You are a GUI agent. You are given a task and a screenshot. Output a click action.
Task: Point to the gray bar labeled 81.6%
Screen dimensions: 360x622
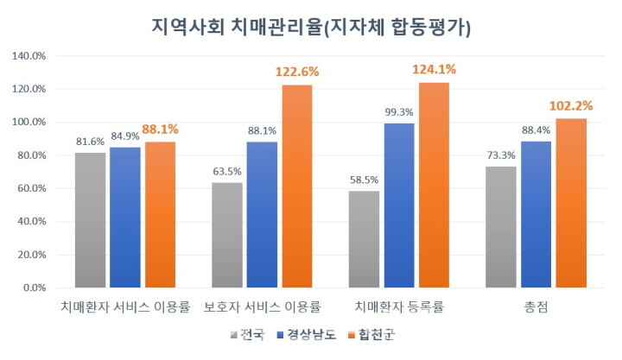[x=91, y=220]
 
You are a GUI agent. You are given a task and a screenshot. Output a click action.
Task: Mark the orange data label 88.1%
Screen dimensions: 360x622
[x=161, y=131]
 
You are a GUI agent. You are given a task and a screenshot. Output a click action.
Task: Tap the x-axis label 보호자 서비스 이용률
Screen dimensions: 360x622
[x=262, y=306]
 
